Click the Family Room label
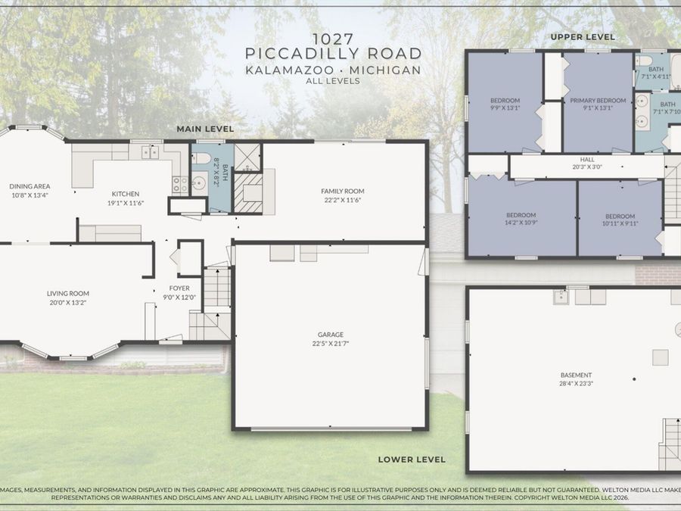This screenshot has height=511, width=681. [343, 192]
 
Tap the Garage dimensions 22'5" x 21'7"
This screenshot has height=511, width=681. [331, 343]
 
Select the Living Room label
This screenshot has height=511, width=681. [68, 294]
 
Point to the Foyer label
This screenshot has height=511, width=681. [179, 288]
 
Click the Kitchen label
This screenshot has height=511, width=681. [126, 194]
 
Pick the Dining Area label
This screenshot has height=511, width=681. [30, 186]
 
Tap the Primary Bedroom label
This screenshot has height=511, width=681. [598, 101]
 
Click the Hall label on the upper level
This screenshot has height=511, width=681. [587, 160]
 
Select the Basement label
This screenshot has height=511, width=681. [576, 375]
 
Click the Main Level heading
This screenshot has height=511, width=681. [205, 129]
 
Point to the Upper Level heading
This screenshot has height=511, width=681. [583, 37]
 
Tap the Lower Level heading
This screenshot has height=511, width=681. [412, 460]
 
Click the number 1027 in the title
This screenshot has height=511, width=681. [333, 39]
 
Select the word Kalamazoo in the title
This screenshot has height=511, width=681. [290, 70]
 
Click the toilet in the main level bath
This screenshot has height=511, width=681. [201, 157]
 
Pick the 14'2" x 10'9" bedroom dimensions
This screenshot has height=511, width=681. [521, 223]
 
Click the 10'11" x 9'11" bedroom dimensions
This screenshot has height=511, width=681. [620, 224]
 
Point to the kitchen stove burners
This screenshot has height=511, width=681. [180, 184]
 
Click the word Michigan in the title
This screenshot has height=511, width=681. [385, 70]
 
